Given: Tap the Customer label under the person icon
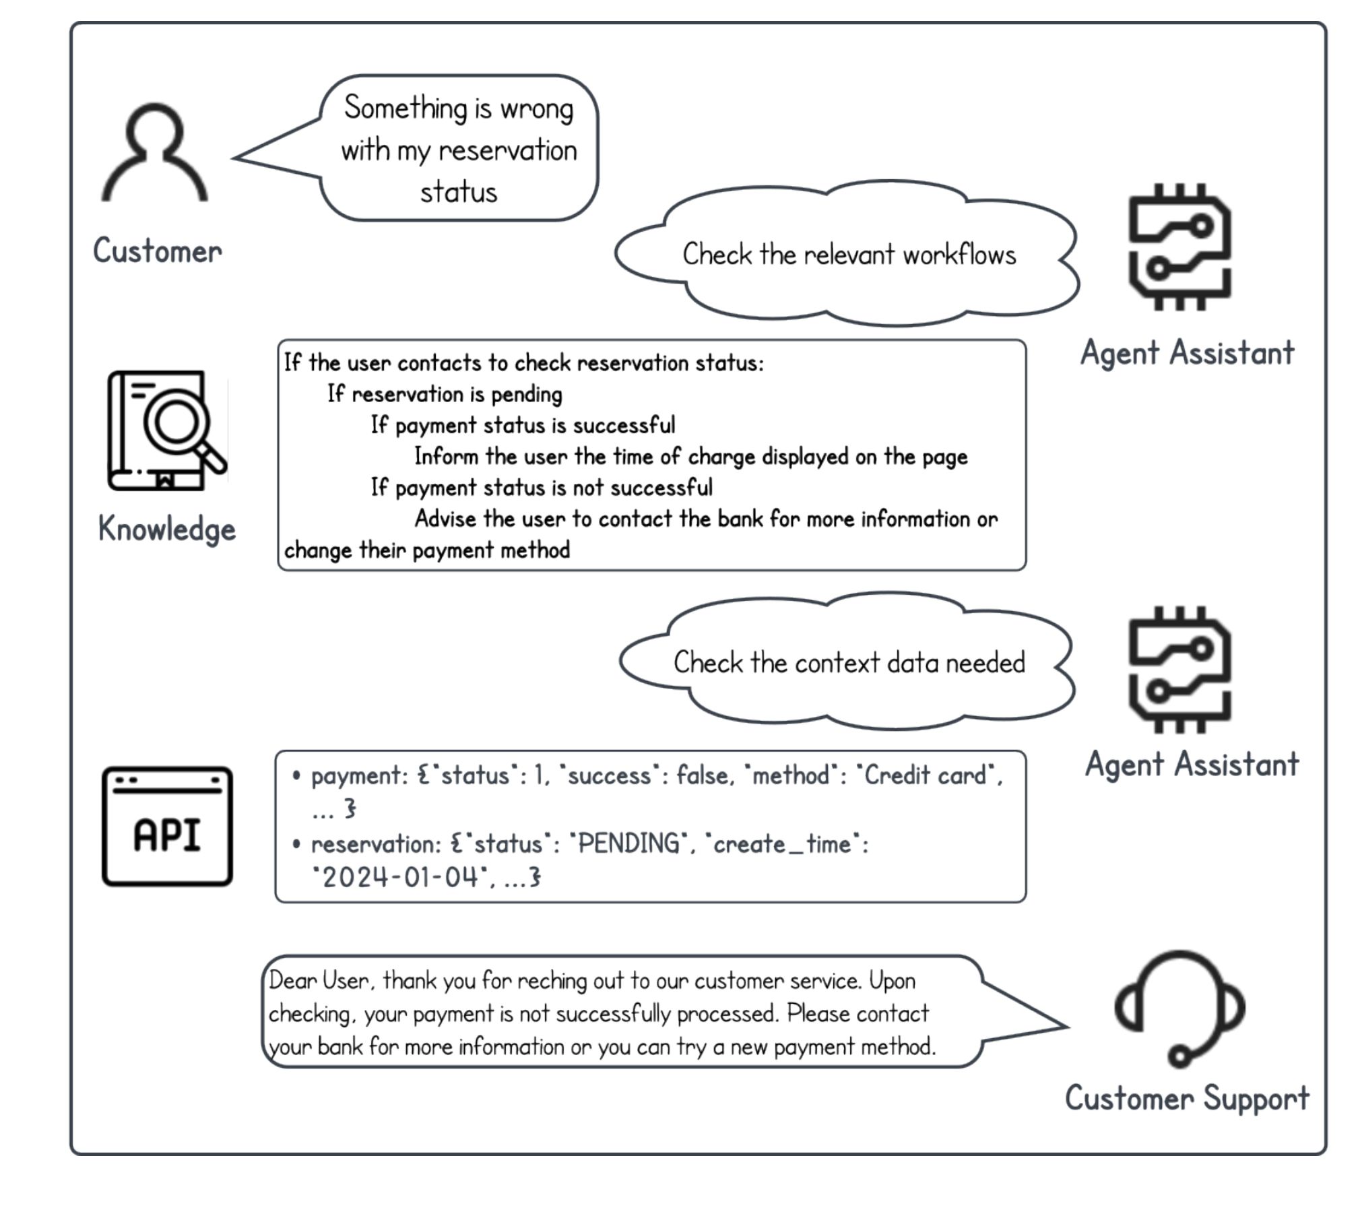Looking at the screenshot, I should pos(157,251).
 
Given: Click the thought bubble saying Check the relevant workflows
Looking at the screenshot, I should pos(848,255).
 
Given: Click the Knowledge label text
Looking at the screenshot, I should pos(167,529).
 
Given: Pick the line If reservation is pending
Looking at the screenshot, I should pos(445,394).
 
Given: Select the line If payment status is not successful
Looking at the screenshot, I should pos(541,487).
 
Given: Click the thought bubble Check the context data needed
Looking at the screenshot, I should pos(849,663).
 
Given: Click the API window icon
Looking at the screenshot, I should pos(167,826).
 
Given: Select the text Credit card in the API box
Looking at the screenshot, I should pos(926,775).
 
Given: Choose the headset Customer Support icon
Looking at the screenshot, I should pos(1179,1009).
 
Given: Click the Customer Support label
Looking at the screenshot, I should pos(1187,1098).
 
